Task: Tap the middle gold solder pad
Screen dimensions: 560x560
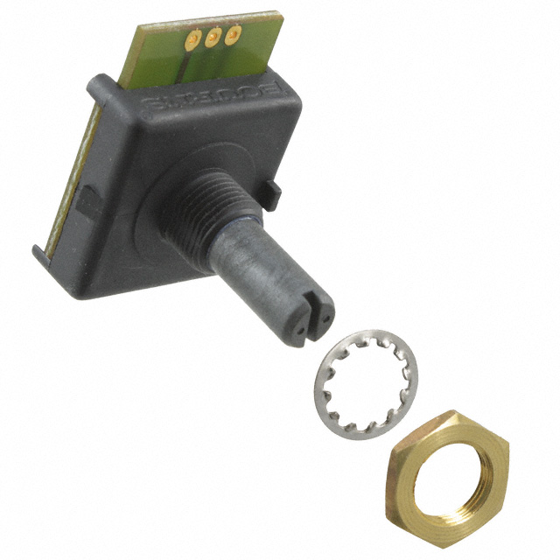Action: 213,37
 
